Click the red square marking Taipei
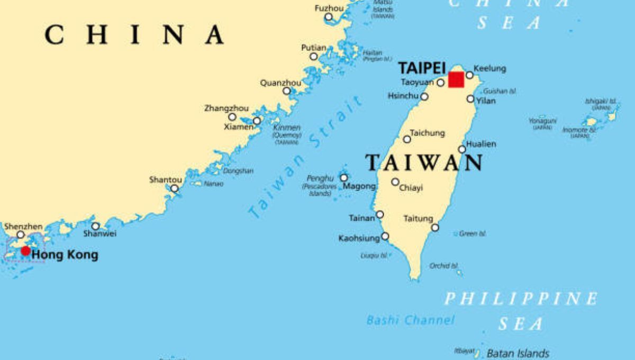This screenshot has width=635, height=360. point(456,80)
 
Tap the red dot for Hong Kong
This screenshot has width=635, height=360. point(25,250)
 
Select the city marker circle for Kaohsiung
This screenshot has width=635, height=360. point(385,236)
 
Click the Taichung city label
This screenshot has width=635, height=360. point(428,133)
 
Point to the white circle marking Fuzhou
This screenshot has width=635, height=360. point(329,17)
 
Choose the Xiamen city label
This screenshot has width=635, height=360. point(238,127)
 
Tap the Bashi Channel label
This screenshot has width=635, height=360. point(411,320)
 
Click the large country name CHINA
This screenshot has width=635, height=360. point(134,35)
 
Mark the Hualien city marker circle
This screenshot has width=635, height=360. point(462,149)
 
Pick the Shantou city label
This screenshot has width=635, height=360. point(166,180)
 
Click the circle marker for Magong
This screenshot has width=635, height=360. point(344,178)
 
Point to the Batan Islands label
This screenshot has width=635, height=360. point(518,353)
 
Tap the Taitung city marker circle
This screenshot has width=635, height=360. point(435,228)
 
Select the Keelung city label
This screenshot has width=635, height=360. point(489,68)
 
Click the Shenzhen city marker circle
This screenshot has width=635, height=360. point(21,235)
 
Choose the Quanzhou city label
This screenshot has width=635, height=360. point(280,83)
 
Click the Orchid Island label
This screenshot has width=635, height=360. point(443,266)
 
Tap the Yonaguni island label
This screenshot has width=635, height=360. point(542,121)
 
